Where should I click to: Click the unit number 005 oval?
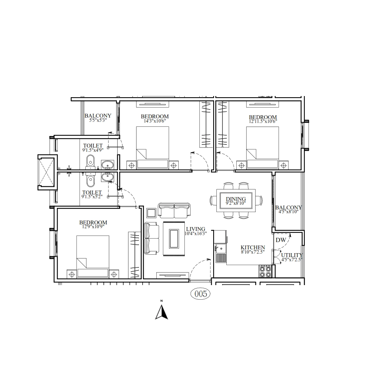200,294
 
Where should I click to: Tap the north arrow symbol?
161,312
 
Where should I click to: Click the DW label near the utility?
281,240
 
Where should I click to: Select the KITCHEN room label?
252,247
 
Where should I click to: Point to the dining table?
236,201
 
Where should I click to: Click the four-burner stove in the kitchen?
265,271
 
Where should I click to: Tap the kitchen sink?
220,249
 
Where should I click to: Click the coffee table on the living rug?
174,239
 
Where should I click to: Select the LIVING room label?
196,229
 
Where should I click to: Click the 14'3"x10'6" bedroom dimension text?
155,121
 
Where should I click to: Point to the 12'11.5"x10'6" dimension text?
263,121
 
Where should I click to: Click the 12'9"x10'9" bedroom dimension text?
93,227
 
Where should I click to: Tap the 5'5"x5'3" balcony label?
98,120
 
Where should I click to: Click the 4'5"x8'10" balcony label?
289,212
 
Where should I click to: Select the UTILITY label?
292,255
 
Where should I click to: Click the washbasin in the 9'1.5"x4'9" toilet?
108,164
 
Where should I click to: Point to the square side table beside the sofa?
151,213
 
